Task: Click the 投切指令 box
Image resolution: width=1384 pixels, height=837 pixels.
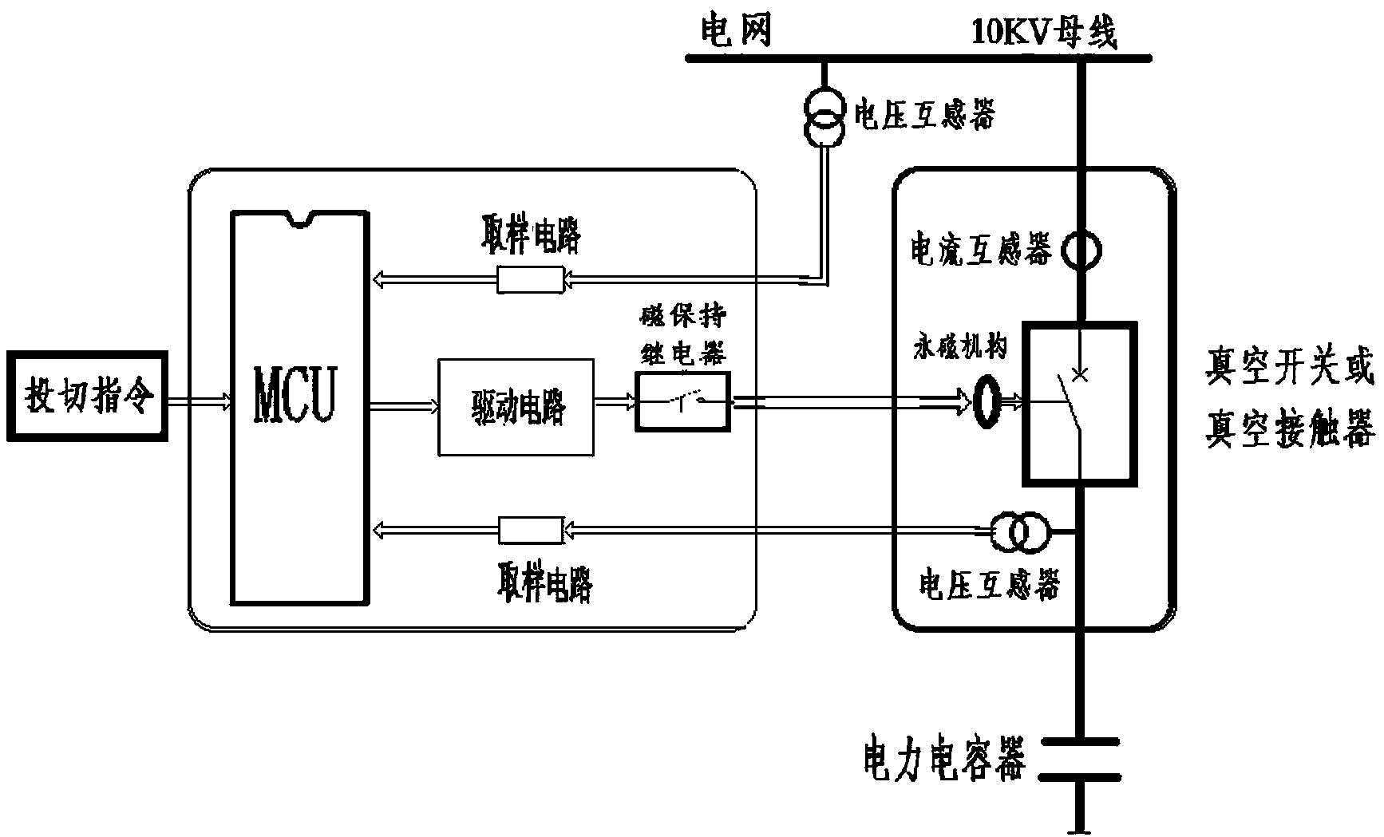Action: (88, 396)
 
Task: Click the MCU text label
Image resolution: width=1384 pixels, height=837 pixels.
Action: (295, 395)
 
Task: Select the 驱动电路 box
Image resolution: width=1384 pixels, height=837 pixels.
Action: (516, 407)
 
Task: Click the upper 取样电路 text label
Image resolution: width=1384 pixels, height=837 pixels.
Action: (532, 235)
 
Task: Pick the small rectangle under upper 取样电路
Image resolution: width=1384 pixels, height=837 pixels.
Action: (531, 279)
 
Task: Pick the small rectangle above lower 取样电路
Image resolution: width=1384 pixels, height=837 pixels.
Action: (531, 528)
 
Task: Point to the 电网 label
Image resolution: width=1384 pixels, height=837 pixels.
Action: (736, 32)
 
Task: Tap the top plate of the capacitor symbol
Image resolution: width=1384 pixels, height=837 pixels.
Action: (1081, 745)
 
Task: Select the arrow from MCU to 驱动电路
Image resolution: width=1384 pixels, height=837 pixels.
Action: (404, 407)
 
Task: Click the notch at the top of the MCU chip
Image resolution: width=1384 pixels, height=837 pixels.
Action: (301, 219)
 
